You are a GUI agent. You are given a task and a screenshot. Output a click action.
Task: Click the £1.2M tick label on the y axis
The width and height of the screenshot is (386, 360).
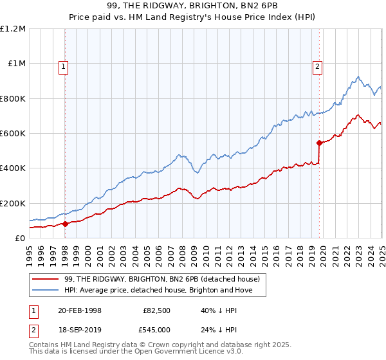coord(13,29)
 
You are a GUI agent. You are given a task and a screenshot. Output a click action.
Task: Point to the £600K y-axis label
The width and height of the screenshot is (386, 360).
coord(13,134)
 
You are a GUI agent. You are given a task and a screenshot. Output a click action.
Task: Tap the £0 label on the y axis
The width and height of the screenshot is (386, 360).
coord(21,239)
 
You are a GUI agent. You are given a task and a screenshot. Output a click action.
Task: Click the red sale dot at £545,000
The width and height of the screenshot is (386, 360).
coord(319,143)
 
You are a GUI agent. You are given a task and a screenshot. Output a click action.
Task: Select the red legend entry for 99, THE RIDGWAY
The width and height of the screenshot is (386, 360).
coord(161,279)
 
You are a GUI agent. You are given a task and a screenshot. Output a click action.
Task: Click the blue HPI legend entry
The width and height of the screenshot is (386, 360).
coord(159,290)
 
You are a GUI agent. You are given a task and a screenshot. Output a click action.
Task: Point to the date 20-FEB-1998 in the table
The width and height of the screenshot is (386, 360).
coord(80,310)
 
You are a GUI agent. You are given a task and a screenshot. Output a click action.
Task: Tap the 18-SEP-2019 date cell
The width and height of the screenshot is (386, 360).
coord(80,330)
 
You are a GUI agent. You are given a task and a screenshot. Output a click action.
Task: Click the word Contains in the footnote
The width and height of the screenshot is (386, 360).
coord(45,345)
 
